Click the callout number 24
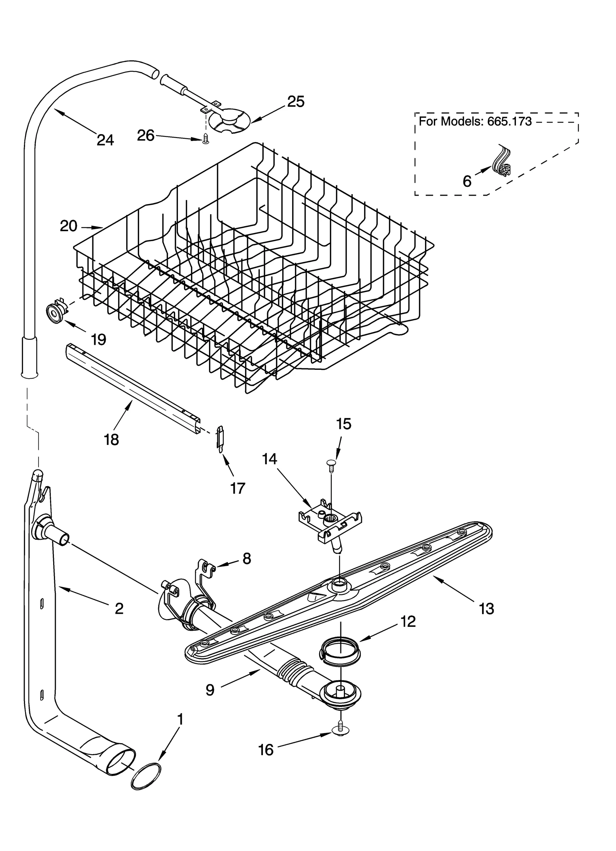pos(105,140)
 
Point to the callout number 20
pos(69,226)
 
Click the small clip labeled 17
pos(220,439)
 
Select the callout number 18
pos(111,440)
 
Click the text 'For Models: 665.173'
pos(475,122)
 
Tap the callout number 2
pos(119,608)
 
